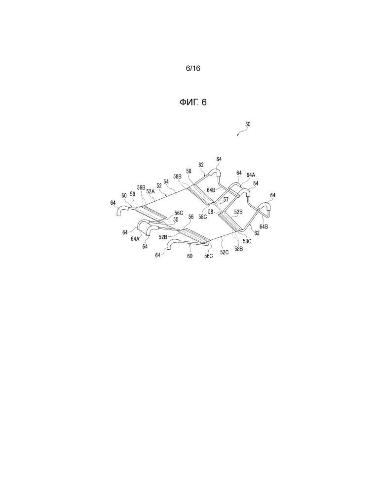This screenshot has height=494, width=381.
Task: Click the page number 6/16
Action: click(192, 68)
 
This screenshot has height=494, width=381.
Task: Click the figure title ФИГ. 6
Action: click(193, 102)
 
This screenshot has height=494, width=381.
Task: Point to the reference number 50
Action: click(248, 125)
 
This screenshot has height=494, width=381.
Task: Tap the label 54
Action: click(166, 182)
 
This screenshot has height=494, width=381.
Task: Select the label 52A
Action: click(150, 191)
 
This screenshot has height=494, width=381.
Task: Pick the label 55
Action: click(176, 219)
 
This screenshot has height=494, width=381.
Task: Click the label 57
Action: click(226, 200)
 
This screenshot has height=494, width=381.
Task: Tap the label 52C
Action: click(224, 252)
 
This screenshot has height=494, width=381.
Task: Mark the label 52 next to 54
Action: click(159, 186)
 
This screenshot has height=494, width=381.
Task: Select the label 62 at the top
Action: click(201, 165)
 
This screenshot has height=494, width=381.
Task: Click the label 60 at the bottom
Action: click(190, 257)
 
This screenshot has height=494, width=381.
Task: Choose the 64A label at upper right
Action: click(251, 175)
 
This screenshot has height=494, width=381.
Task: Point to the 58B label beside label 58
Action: click(177, 177)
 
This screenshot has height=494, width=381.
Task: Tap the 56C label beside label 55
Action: click(179, 213)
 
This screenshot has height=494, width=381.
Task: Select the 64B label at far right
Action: click(264, 226)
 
